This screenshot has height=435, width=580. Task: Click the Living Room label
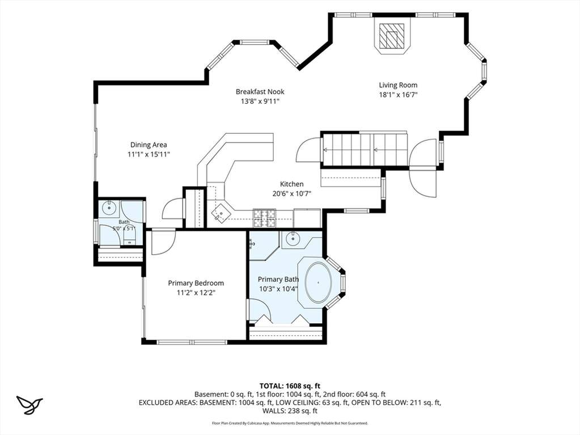click(x=398, y=85)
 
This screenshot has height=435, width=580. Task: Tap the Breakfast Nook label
click(x=260, y=91)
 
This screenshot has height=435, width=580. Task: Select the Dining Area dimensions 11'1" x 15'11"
click(x=149, y=154)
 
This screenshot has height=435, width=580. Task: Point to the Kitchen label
click(x=291, y=184)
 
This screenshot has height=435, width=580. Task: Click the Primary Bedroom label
click(x=196, y=284)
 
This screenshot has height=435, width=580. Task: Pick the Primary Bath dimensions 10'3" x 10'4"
click(x=278, y=289)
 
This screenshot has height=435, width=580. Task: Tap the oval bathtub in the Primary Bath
click(x=319, y=282)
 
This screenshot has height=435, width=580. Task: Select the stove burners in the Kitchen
click(x=264, y=218)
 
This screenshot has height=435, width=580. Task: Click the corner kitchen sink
click(x=221, y=213)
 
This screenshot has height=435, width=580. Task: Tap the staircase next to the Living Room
click(x=365, y=149)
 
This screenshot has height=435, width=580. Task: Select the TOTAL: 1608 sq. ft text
click(x=290, y=386)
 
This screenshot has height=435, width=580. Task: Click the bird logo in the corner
click(x=29, y=405)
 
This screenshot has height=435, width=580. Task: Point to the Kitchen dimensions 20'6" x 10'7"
click(x=291, y=193)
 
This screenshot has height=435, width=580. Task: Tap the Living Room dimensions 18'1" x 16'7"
click(x=398, y=95)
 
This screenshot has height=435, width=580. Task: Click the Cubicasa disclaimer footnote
click(x=290, y=423)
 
